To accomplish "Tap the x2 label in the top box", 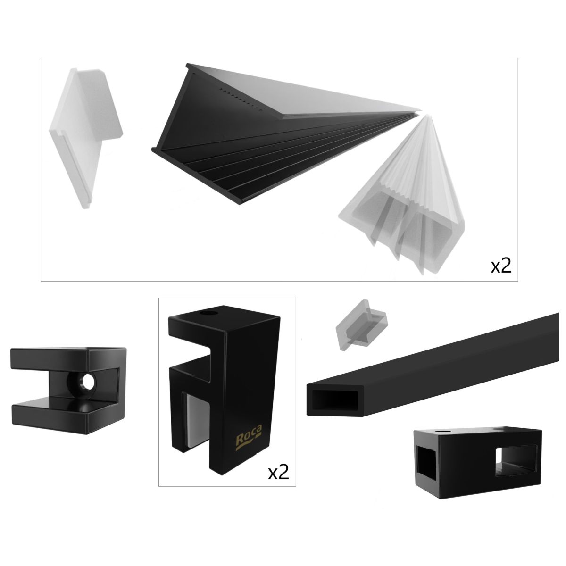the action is tap(500, 266).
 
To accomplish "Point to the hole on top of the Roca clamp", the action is tap(209, 314).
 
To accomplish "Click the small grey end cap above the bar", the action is tap(361, 325).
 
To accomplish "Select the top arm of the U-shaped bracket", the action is tap(68, 358).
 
